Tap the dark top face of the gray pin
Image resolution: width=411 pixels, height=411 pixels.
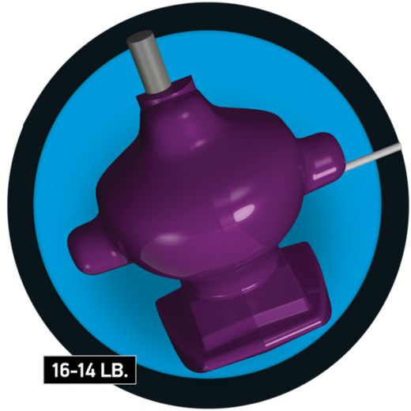coord(140,37)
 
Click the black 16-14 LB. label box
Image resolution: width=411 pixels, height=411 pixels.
coord(90,369)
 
